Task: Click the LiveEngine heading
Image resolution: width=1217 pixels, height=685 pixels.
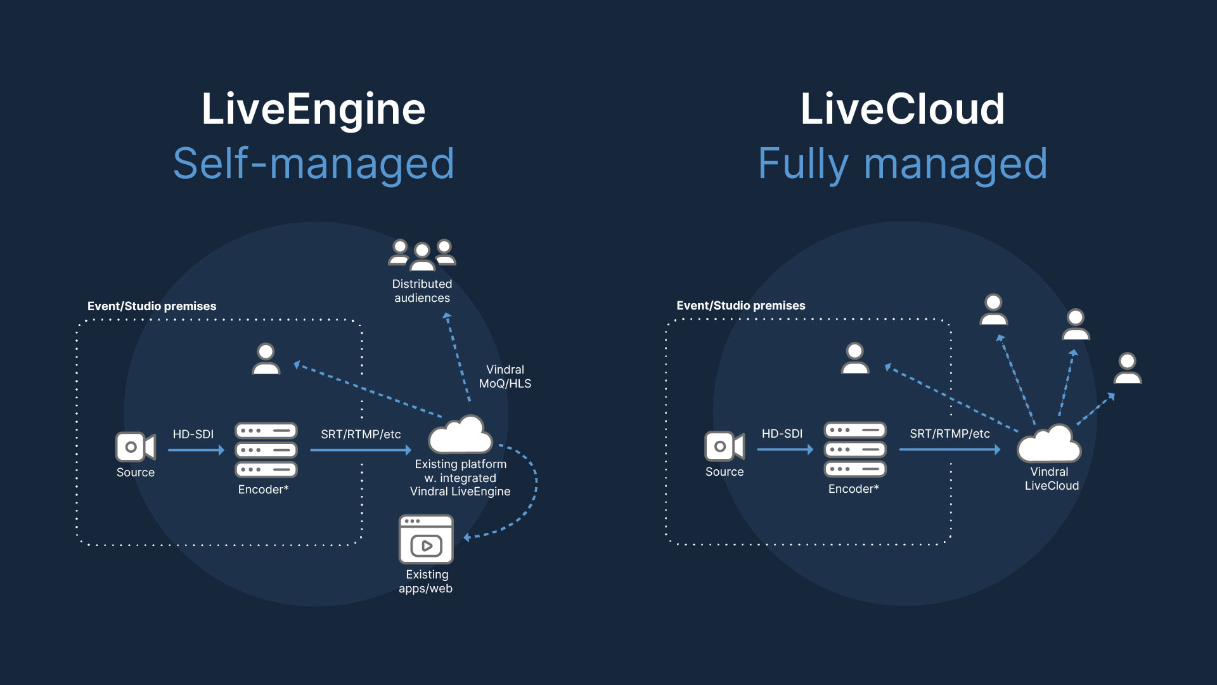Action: [313, 109]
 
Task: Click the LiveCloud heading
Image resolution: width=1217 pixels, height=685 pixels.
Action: [902, 109]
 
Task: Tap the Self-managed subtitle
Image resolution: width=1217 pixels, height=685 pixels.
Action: [313, 164]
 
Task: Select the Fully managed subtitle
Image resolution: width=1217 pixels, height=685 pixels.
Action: [902, 164]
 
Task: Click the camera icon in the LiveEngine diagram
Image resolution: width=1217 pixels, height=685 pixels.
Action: [135, 447]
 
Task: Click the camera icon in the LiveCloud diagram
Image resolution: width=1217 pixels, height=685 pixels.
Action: [724, 447]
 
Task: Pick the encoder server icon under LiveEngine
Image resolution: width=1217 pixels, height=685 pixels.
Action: [266, 450]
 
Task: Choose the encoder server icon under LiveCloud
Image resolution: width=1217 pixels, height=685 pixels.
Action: [855, 449]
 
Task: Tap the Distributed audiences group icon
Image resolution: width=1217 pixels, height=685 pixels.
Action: [422, 255]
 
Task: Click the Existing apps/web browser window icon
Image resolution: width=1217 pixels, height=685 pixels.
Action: [426, 539]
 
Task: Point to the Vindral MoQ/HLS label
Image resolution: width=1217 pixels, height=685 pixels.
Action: [505, 376]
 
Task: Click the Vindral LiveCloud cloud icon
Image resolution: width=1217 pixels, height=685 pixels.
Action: [1049, 444]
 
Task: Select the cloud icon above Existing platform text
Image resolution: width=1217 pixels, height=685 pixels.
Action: [460, 434]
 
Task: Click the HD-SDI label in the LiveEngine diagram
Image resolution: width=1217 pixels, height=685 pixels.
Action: [193, 434]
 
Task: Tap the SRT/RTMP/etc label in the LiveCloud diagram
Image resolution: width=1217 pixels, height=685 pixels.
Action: [950, 434]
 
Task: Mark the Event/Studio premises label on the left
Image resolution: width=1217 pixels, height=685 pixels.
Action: [151, 306]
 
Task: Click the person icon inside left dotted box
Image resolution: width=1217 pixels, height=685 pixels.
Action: [266, 359]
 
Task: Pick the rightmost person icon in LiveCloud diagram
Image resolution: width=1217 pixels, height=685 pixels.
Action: [1128, 369]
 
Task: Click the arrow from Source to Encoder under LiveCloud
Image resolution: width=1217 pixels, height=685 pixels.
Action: [785, 450]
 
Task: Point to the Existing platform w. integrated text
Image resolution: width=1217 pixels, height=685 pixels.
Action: [460, 471]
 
